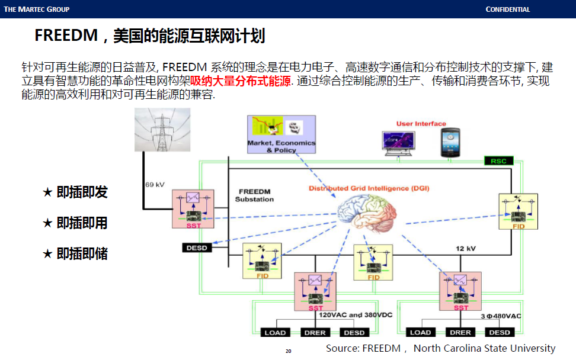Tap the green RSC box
pyautogui.click(x=498, y=160)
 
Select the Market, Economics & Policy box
pyautogui.click(x=281, y=134)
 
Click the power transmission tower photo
pyautogui.click(x=162, y=129)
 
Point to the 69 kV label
pyautogui.click(x=155, y=185)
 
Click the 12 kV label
pyautogui.click(x=467, y=248)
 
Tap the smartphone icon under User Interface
pyautogui.click(x=450, y=143)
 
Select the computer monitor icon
pyautogui.click(x=398, y=144)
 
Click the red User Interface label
pyautogui.click(x=421, y=124)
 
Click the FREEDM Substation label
pyautogui.click(x=254, y=195)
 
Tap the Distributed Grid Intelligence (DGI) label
pyautogui.click(x=369, y=188)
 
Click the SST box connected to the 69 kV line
pyautogui.click(x=193, y=209)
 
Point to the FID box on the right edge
pyautogui.click(x=518, y=211)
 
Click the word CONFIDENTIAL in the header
pyautogui.click(x=508, y=9)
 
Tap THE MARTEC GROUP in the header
pyautogui.click(x=36, y=9)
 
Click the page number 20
pyautogui.click(x=289, y=351)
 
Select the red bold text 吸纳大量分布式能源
pyautogui.click(x=241, y=81)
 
